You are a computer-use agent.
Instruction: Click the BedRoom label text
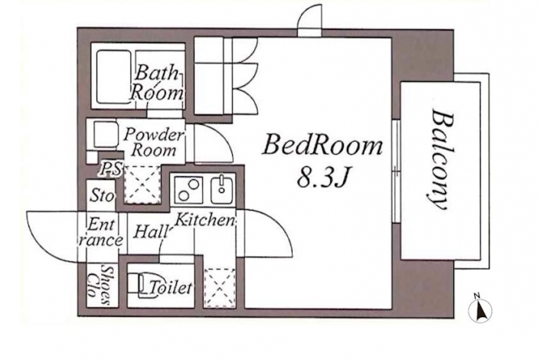[322, 145]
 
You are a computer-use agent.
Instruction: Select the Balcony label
[440, 159]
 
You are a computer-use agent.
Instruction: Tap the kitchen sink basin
[221, 190]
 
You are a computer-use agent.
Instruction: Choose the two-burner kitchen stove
[188, 190]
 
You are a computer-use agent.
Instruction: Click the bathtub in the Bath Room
[114, 77]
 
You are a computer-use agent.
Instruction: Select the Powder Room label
[154, 142]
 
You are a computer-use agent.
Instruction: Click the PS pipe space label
[110, 168]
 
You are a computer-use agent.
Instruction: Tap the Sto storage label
[102, 195]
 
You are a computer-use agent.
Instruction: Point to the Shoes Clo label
[100, 285]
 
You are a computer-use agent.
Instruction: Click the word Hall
[151, 231]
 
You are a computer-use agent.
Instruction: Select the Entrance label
[101, 232]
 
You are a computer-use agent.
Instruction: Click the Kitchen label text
[204, 221]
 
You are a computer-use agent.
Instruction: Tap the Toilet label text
[171, 287]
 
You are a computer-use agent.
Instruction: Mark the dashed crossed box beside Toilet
[220, 288]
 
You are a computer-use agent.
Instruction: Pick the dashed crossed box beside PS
[142, 185]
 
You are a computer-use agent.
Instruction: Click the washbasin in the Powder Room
[106, 135]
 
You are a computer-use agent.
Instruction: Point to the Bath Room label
[157, 82]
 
